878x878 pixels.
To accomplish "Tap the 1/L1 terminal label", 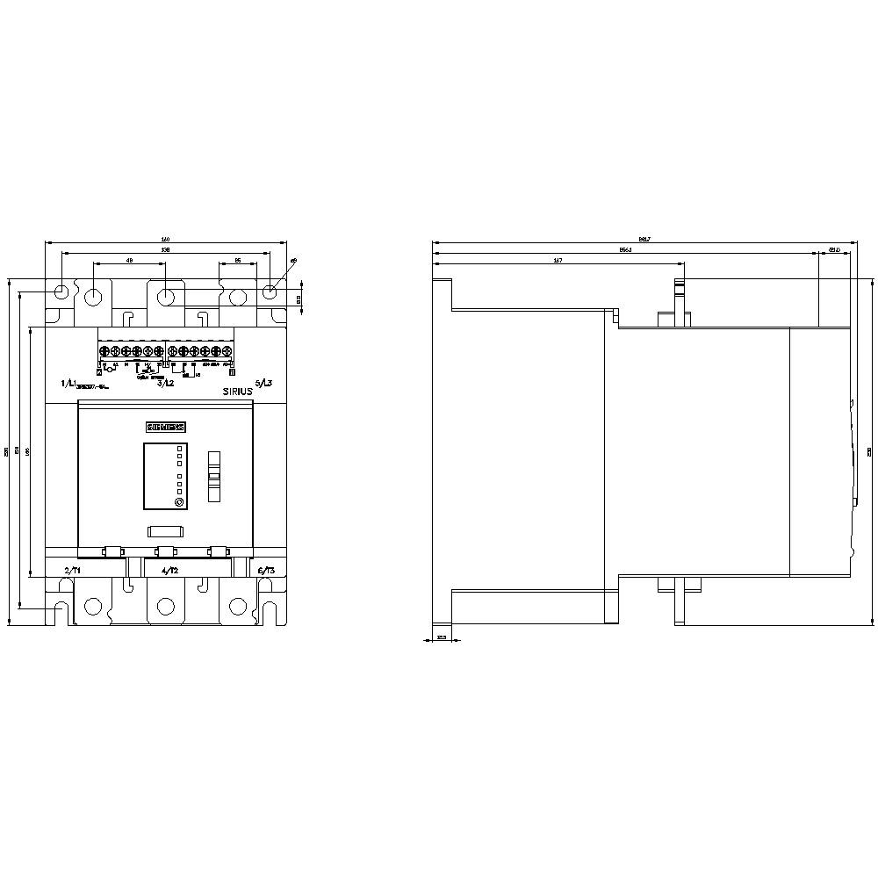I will tap(68, 384).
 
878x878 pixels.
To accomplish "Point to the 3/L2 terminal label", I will tap(164, 384).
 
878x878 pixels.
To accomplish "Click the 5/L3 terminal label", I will tap(263, 384).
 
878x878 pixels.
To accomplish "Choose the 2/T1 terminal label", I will tap(72, 571).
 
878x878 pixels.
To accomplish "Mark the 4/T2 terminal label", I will tap(170, 571).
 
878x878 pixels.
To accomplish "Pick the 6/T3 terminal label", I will tap(266, 571).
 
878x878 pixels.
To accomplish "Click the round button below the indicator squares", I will tap(179, 502).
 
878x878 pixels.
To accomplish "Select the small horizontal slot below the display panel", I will tap(164, 531).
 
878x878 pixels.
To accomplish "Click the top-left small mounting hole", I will tap(60, 291).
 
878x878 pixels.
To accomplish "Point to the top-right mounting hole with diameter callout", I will tap(271, 291).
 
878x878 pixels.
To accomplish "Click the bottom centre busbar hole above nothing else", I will tap(165, 607).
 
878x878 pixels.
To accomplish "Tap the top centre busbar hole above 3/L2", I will tap(165, 296).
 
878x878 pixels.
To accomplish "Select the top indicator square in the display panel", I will tap(179, 449).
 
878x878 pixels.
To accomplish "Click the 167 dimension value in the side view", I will tap(558, 260).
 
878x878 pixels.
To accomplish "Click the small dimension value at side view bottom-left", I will tap(442, 637).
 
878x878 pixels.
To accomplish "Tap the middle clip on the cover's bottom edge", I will tap(165, 551).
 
